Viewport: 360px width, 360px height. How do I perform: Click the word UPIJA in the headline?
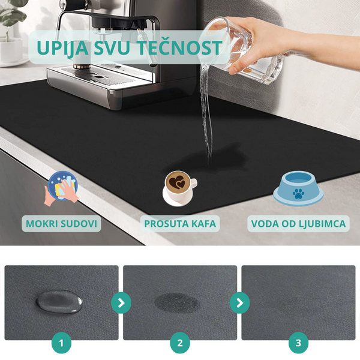(62, 49)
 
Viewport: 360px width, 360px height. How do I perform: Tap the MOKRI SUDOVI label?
(61, 224)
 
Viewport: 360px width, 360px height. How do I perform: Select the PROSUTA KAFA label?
(180, 224)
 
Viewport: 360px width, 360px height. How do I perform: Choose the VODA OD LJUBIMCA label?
(298, 224)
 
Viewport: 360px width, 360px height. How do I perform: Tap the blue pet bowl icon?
(298, 188)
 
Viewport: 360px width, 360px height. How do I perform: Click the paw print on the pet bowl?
(298, 194)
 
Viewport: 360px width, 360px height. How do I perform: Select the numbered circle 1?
(61, 343)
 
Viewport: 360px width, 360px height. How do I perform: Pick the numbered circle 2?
(180, 343)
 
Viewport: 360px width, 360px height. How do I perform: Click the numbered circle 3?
(298, 343)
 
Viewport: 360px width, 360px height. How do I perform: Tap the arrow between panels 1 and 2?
(121, 303)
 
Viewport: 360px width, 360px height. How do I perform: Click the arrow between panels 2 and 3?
(239, 303)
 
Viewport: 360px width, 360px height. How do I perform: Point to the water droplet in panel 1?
(59, 301)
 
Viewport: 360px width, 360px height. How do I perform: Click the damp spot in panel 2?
(177, 302)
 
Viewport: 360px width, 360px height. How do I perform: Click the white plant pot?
(11, 51)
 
